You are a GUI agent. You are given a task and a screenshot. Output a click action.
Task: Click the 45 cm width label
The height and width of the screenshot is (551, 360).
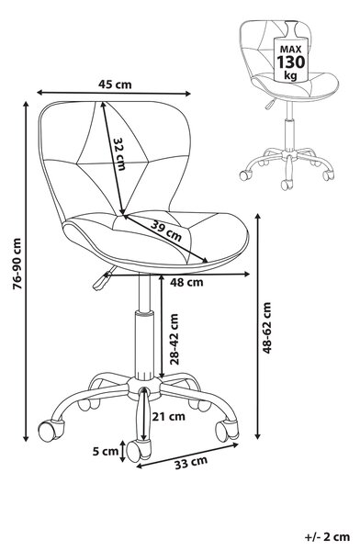click(115, 84)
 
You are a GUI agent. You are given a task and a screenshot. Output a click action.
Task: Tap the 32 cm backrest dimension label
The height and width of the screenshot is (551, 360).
click(119, 153)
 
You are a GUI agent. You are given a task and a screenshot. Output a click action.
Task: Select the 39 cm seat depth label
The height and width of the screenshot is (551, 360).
click(166, 231)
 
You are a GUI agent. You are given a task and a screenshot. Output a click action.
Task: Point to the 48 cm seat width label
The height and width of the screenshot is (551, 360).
click(186, 282)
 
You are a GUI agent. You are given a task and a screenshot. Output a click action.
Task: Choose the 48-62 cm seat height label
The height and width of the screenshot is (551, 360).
click(267, 327)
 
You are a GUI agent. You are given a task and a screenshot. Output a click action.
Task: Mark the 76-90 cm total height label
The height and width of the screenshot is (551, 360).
click(17, 264)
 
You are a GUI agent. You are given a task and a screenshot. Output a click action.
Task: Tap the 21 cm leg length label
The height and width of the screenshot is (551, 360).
click(169, 416)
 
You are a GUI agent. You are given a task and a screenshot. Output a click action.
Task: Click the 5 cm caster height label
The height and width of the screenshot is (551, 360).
click(106, 451)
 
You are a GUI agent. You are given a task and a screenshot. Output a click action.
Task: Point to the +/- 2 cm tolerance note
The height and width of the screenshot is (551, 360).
click(327, 537)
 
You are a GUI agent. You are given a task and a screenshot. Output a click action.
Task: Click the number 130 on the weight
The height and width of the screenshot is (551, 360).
click(291, 62)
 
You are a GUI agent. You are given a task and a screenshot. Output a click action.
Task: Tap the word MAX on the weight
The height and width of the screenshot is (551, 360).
click(291, 49)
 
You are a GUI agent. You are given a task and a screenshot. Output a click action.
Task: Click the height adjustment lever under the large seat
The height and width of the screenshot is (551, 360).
click(103, 278)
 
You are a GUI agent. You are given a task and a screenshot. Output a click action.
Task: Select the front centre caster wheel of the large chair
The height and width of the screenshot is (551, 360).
click(139, 450)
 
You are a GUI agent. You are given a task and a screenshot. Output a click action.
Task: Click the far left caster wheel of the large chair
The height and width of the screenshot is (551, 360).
click(51, 430)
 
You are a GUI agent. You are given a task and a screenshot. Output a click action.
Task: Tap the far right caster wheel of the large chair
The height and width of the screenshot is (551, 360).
click(227, 430)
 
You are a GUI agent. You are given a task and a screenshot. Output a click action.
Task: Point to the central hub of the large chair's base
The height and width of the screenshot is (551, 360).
click(143, 388)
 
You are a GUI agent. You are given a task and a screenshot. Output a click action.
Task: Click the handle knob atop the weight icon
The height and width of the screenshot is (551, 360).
click(291, 28)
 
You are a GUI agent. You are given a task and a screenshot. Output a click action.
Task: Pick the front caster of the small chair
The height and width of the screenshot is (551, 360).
click(287, 185)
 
